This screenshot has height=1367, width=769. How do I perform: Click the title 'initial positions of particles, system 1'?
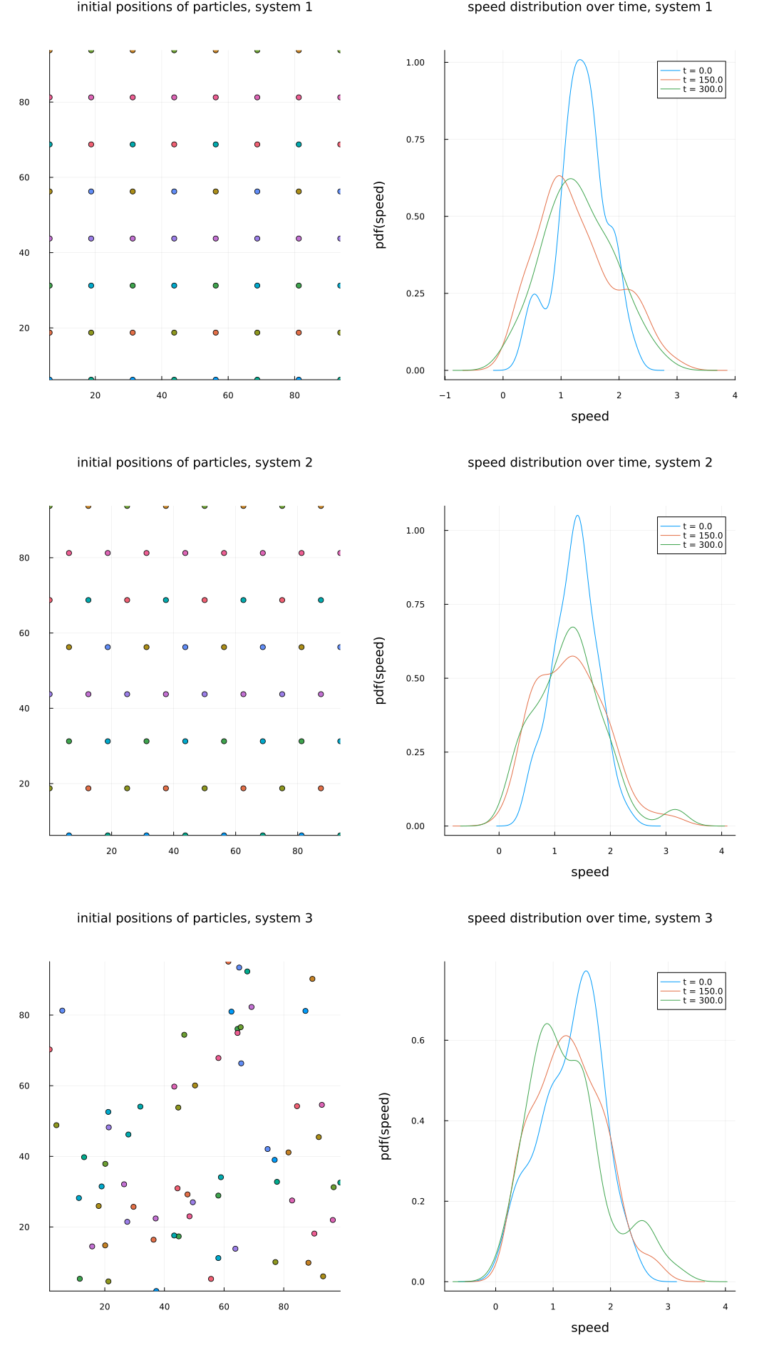pyautogui.click(x=195, y=7)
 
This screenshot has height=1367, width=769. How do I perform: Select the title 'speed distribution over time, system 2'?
pyautogui.click(x=589, y=462)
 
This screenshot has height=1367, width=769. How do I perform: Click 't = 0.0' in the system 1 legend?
pyautogui.click(x=697, y=71)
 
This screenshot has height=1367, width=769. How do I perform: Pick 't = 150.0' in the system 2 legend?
pyautogui.click(x=702, y=536)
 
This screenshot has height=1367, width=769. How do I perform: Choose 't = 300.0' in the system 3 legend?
pyautogui.click(x=702, y=1000)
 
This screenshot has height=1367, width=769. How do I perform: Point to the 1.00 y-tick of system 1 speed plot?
pyautogui.click(x=415, y=63)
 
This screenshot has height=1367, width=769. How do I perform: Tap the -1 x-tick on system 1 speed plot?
pyautogui.click(x=445, y=395)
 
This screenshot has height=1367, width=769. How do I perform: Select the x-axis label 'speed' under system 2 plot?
pyautogui.click(x=589, y=872)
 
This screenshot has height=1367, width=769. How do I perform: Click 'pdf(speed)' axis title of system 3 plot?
pyautogui.click(x=385, y=1126)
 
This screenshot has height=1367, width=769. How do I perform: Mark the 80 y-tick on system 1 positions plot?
pyautogui.click(x=24, y=102)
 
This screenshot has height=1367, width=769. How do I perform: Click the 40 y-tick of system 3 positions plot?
pyautogui.click(x=24, y=1156)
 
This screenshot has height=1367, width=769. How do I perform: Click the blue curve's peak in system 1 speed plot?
pyautogui.click(x=580, y=60)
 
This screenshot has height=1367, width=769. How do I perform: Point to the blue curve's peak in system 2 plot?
pyautogui.click(x=577, y=516)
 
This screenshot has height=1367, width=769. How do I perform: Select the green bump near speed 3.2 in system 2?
pyautogui.click(x=674, y=810)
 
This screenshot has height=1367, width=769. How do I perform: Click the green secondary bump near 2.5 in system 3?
pyautogui.click(x=642, y=1221)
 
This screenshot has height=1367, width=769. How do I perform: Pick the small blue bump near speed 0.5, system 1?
pyautogui.click(x=534, y=294)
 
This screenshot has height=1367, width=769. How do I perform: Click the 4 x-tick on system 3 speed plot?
pyautogui.click(x=725, y=1307)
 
